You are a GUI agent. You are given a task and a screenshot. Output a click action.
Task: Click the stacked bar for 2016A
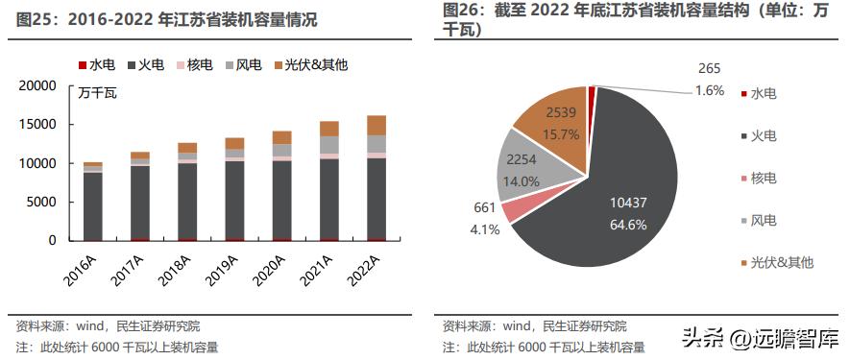(93, 202)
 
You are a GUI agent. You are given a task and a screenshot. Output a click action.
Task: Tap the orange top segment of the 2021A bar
(328, 129)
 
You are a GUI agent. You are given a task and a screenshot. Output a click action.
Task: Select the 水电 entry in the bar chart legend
(96, 64)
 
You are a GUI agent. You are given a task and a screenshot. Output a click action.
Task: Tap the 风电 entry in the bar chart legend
(244, 64)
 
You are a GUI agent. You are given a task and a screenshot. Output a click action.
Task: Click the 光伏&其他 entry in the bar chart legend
(310, 64)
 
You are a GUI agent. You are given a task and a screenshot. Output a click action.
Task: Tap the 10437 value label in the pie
(629, 203)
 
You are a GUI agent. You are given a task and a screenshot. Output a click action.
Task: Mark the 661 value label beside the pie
(485, 207)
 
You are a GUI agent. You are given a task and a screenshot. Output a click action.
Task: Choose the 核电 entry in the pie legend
(764, 179)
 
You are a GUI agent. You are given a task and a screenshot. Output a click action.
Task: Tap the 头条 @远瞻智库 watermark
(761, 337)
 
